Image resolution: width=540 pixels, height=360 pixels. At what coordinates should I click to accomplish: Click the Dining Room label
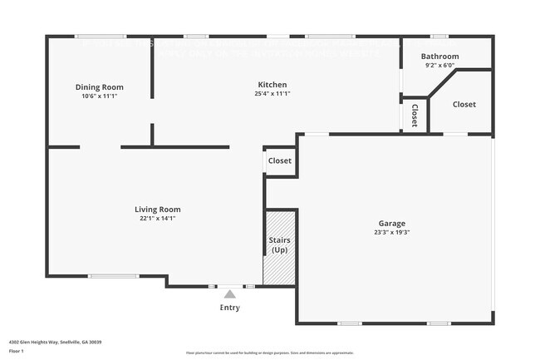click(100, 87)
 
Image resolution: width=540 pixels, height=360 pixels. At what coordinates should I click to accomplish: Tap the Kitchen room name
click(272, 85)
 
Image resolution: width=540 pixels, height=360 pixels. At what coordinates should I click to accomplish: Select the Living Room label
click(158, 210)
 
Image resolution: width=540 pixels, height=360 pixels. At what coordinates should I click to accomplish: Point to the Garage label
click(392, 224)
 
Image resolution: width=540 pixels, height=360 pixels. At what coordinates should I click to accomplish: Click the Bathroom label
click(439, 57)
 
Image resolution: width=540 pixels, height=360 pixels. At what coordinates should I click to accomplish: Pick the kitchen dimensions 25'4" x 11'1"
click(272, 94)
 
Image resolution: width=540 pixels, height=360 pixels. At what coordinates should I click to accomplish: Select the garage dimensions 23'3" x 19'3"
click(392, 233)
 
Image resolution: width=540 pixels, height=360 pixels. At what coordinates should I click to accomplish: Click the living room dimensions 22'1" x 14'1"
click(158, 219)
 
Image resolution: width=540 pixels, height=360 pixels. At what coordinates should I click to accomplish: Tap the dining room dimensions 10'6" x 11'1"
click(100, 96)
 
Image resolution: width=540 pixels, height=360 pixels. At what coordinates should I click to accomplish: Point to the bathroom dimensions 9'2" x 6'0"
click(439, 66)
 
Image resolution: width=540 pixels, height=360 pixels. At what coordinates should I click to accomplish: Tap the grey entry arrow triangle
click(230, 293)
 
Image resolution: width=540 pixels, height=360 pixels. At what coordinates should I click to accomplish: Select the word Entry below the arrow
click(230, 308)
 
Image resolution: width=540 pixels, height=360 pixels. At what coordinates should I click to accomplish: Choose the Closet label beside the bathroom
click(464, 105)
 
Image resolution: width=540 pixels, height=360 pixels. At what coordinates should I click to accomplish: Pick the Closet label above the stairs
click(280, 160)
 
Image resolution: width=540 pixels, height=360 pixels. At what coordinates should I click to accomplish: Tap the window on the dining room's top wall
click(100, 37)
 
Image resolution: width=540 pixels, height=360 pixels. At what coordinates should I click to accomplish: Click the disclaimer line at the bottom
click(270, 353)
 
